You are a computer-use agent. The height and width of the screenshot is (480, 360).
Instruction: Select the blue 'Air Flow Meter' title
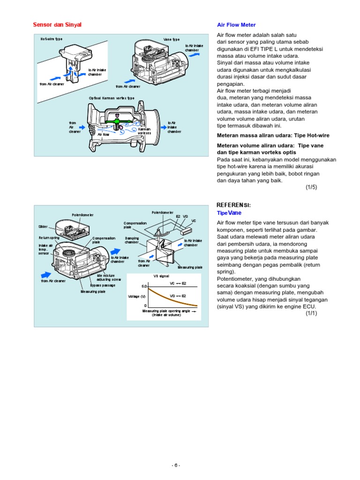[236, 25]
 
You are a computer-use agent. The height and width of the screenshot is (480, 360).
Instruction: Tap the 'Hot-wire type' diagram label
[52, 39]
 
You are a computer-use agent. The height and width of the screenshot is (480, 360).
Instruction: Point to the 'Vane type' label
[172, 40]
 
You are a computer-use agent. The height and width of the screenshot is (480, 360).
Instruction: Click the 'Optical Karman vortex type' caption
[112, 98]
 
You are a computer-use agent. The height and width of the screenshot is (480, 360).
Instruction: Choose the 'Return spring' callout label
[49, 238]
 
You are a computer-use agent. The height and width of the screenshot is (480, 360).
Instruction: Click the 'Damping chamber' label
[132, 240]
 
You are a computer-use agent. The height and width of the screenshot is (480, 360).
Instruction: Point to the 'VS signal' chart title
[161, 277]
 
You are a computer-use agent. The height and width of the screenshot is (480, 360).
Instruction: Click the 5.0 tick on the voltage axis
[144, 286]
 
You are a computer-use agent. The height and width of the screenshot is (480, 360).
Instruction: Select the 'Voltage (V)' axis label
[136, 297]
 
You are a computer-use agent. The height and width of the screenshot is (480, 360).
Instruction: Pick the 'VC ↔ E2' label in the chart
[178, 284]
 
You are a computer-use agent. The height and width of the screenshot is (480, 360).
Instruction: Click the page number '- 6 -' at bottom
[175, 465]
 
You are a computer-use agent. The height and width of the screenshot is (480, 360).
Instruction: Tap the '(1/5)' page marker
[311, 187]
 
